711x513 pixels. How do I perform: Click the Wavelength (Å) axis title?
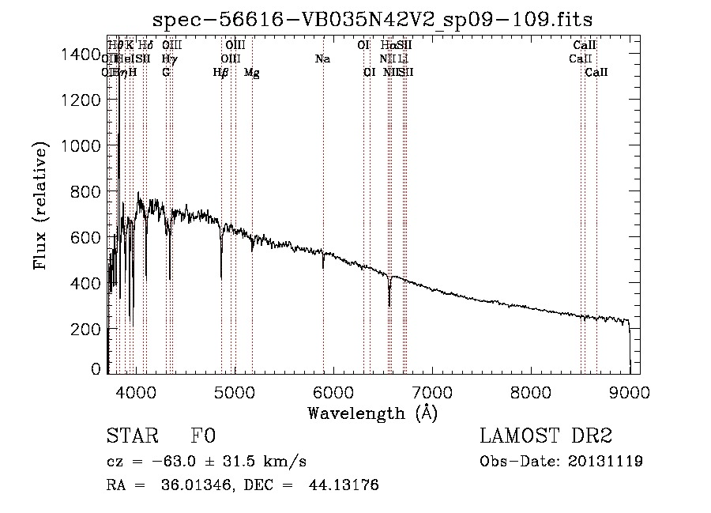click(x=372, y=412)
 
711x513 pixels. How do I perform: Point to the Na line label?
click(x=322, y=58)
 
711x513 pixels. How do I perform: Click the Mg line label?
click(x=251, y=72)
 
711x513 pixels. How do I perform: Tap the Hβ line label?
click(x=220, y=72)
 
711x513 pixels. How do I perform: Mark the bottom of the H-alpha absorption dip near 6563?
click(x=389, y=305)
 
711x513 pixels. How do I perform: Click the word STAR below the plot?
click(x=131, y=437)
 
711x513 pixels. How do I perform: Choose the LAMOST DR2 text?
click(x=547, y=436)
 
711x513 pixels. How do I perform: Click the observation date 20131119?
click(x=608, y=461)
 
